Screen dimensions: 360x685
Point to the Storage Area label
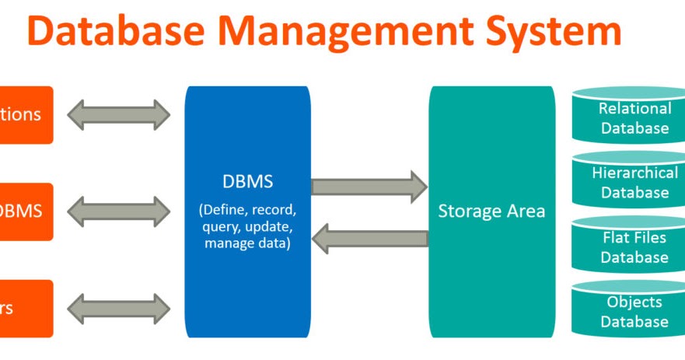pyautogui.click(x=491, y=211)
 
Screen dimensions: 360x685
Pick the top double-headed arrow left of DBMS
pyautogui.click(x=118, y=115)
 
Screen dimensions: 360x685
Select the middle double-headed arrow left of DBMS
pyautogui.click(x=118, y=211)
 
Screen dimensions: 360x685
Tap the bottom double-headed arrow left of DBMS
pyautogui.click(x=118, y=309)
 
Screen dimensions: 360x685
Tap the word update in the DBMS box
pyautogui.click(x=273, y=227)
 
